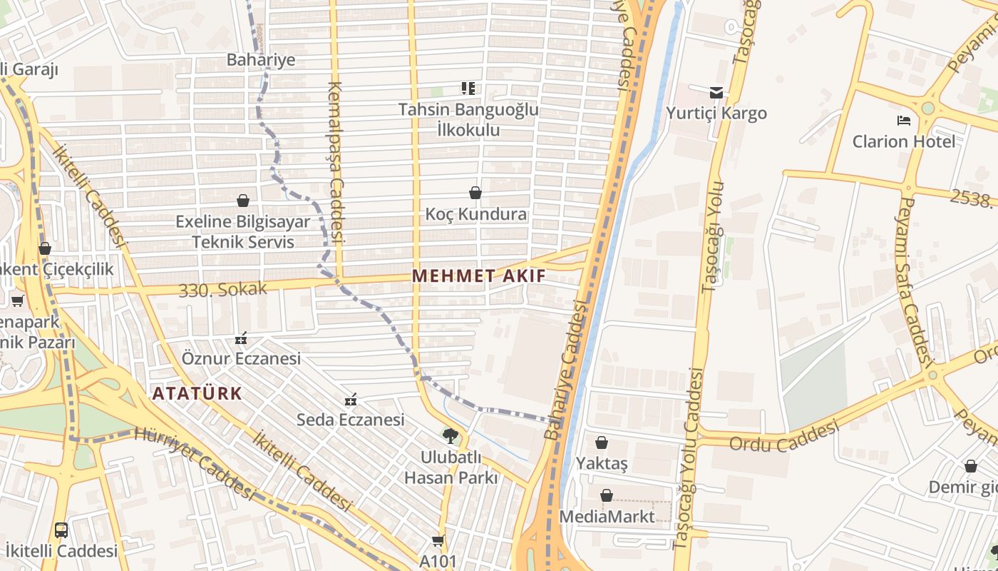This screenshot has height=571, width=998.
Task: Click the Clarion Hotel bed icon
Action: point(904,120)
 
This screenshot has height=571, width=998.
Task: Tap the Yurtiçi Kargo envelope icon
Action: point(716,92)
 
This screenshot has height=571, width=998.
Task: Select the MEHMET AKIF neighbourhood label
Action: point(479,276)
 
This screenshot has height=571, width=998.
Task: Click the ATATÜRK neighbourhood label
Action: point(197,393)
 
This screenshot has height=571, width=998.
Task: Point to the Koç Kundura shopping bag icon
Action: point(475,193)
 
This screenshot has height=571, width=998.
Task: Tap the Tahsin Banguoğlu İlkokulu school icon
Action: point(468,89)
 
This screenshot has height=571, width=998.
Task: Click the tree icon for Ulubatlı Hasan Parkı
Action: point(450,435)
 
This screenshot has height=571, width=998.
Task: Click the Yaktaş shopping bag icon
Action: point(602,443)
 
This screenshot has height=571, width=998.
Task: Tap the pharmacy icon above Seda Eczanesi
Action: point(350,399)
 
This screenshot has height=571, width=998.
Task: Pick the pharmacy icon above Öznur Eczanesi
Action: point(241,338)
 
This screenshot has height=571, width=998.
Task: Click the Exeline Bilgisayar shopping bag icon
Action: point(243,201)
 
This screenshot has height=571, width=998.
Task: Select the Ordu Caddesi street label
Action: point(782,435)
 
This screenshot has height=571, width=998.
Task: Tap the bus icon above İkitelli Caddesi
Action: point(61,530)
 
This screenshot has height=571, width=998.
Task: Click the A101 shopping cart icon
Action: point(438,541)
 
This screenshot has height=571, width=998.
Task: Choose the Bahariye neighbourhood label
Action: point(261,59)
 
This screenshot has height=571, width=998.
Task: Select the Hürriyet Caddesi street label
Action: point(194,463)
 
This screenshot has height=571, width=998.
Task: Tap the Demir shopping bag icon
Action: point(970,467)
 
